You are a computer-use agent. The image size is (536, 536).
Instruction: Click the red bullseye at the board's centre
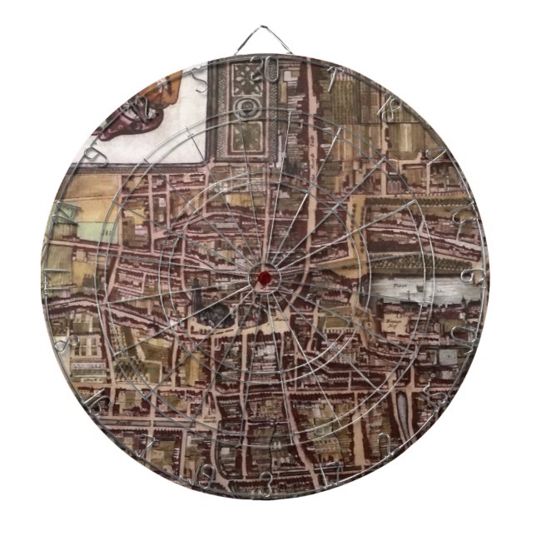click(265, 276)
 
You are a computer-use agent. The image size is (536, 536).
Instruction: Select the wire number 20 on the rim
click(267, 67)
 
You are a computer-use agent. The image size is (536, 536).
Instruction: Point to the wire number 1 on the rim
click(332, 78)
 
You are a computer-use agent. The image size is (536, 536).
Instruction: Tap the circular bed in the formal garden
click(247, 106)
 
